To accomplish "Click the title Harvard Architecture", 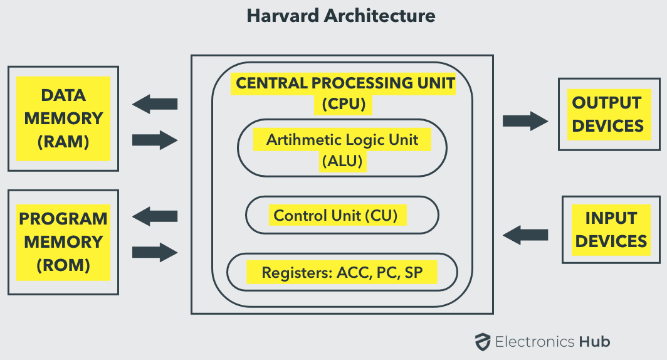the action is click(341, 16).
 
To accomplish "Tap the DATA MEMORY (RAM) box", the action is click(63, 119).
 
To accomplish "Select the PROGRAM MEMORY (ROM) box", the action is click(63, 242).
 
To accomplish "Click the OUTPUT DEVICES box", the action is click(609, 115).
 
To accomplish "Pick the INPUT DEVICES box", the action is click(611, 230).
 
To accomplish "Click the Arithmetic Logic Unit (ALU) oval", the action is click(342, 147).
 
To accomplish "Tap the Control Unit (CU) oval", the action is click(342, 215).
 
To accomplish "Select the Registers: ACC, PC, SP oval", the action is click(342, 272).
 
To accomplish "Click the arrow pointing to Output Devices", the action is click(525, 121).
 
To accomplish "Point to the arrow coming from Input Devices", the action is click(525, 235).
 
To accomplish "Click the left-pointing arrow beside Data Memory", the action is click(155, 104).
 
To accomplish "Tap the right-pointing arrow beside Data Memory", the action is click(155, 140).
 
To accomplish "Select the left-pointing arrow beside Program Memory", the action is click(155, 216).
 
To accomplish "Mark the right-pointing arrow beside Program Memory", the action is click(155, 252).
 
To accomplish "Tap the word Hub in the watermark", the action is click(595, 342).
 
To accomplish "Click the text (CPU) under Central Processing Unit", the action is click(344, 104).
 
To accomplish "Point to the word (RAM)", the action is click(63, 142).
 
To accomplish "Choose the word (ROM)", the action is click(63, 265).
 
